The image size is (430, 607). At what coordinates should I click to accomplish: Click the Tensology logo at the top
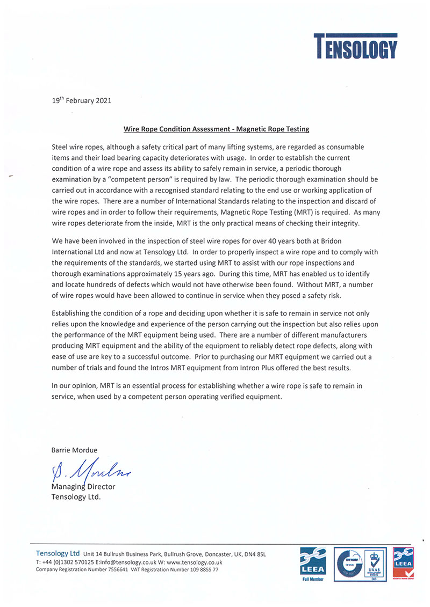pos(355,46)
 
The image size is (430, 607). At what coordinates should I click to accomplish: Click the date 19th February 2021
pos(82,100)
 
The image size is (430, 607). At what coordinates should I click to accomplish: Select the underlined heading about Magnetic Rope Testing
pos(217,129)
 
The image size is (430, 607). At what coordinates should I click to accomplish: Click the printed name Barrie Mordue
pos(74,450)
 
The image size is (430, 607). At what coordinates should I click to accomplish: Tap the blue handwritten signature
pos(91,472)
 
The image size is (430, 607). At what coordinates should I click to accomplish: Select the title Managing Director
pos(83,487)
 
